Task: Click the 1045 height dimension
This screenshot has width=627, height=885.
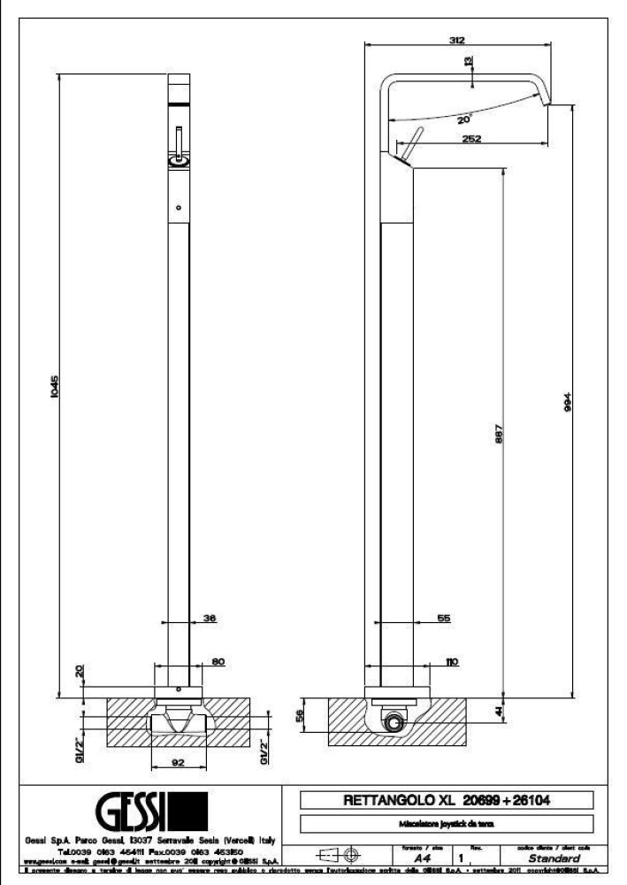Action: click(x=54, y=387)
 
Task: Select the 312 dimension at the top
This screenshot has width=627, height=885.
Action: click(x=457, y=40)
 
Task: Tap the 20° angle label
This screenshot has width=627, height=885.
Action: click(x=464, y=118)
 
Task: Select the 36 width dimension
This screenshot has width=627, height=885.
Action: click(x=210, y=620)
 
